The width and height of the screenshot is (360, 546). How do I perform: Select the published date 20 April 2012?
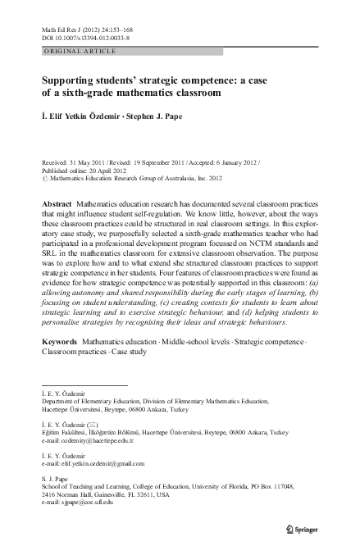pyautogui.click(x=103, y=167)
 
